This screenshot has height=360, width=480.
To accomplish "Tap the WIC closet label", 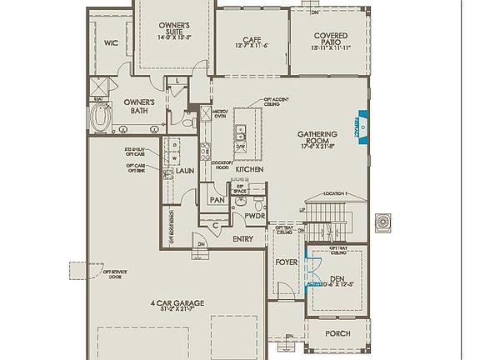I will click(110, 42).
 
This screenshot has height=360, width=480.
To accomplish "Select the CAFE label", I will click(252, 39).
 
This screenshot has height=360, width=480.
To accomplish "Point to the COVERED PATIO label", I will click(331, 41).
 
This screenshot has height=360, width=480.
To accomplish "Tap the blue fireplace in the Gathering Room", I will click(361, 127).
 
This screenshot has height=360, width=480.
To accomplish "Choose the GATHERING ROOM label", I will click(317, 138).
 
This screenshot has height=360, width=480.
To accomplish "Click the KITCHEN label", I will click(249, 169).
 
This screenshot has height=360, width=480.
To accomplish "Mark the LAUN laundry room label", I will click(185, 170).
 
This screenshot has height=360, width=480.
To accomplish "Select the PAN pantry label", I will click(217, 200).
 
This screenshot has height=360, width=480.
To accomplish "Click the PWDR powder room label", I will click(254, 216).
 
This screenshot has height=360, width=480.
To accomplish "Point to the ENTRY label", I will click(242, 239).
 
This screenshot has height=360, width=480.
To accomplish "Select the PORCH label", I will click(337, 333).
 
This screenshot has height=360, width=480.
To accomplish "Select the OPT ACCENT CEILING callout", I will click(279, 102).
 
